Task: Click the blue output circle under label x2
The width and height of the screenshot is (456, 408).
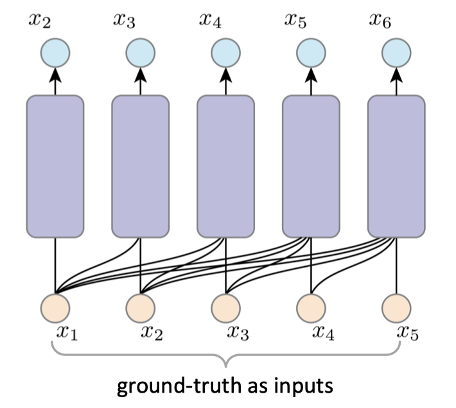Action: (x=55, y=53)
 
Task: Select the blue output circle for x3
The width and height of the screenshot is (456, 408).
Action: (x=141, y=53)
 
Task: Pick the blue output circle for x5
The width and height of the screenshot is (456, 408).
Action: (x=311, y=53)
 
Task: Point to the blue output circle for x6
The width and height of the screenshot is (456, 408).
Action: (x=396, y=53)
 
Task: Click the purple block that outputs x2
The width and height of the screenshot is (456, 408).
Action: (x=55, y=166)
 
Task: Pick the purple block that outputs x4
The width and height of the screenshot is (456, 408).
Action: (x=226, y=166)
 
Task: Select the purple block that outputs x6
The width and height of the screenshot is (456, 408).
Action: (x=396, y=166)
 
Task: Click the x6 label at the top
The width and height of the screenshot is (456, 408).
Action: (x=381, y=21)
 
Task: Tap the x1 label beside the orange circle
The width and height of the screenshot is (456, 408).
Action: (x=67, y=334)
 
